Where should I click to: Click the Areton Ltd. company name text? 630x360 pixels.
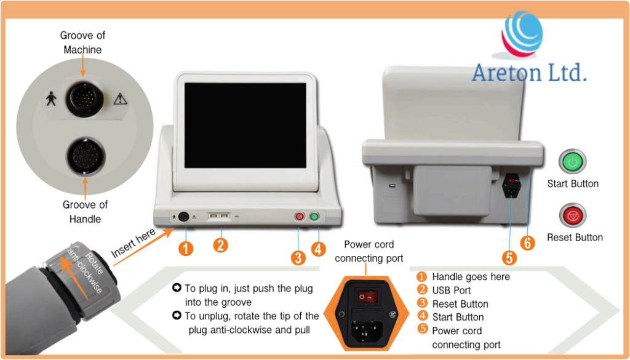tap(529, 72)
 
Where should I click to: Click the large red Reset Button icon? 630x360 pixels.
tap(572, 216)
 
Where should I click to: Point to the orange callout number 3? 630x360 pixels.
tap(298, 257)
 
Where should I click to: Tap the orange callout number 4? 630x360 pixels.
tap(318, 249)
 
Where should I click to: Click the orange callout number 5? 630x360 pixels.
tap(509, 257)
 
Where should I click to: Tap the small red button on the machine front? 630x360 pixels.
tap(300, 217)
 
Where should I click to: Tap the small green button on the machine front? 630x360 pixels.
tap(314, 217)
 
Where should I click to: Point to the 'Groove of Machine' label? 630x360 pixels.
tap(82, 42)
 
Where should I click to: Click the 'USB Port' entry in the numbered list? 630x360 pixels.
tap(451, 290)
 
